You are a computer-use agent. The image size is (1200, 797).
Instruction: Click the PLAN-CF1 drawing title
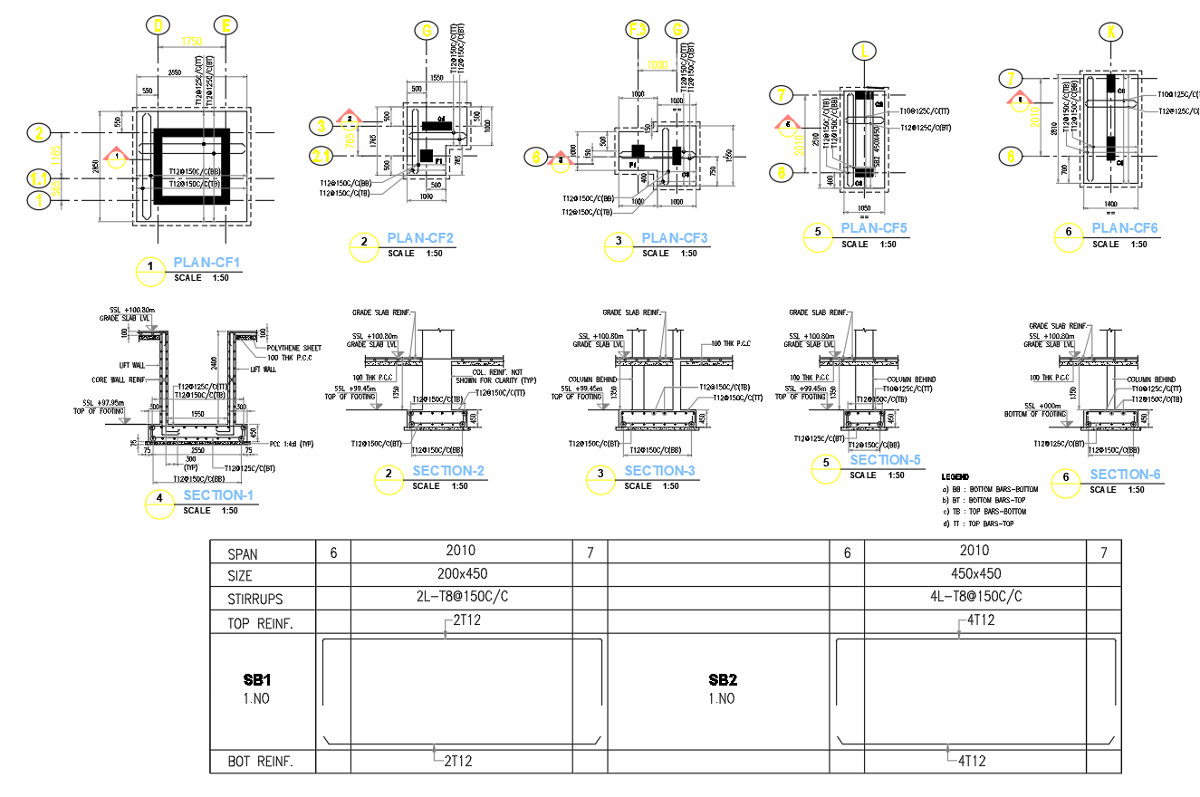click(206, 264)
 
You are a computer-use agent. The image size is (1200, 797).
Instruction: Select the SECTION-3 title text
click(659, 471)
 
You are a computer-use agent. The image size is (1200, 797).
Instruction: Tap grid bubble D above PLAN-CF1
click(159, 26)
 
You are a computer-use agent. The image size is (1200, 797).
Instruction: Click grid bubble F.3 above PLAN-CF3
click(638, 30)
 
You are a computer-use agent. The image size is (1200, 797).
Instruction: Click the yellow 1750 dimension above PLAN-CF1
click(191, 41)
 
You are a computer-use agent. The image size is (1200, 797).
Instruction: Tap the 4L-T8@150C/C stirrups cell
click(974, 597)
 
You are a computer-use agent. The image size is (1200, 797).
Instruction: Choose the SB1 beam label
click(257, 679)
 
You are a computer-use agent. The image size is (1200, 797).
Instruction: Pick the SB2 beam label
click(722, 679)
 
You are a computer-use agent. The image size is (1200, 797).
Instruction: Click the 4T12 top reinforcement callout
click(976, 620)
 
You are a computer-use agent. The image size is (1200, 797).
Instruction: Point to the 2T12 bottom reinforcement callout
click(458, 762)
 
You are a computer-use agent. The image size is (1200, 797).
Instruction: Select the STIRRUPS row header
click(255, 599)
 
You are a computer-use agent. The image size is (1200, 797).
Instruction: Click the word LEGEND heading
click(955, 477)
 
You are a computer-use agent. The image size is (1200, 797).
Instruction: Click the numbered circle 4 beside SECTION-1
click(159, 499)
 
